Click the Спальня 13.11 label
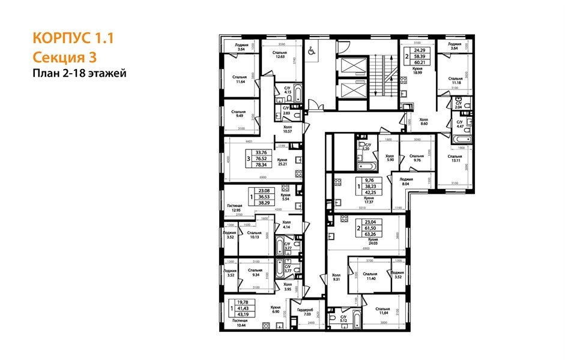pyautogui.click(x=453, y=159)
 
